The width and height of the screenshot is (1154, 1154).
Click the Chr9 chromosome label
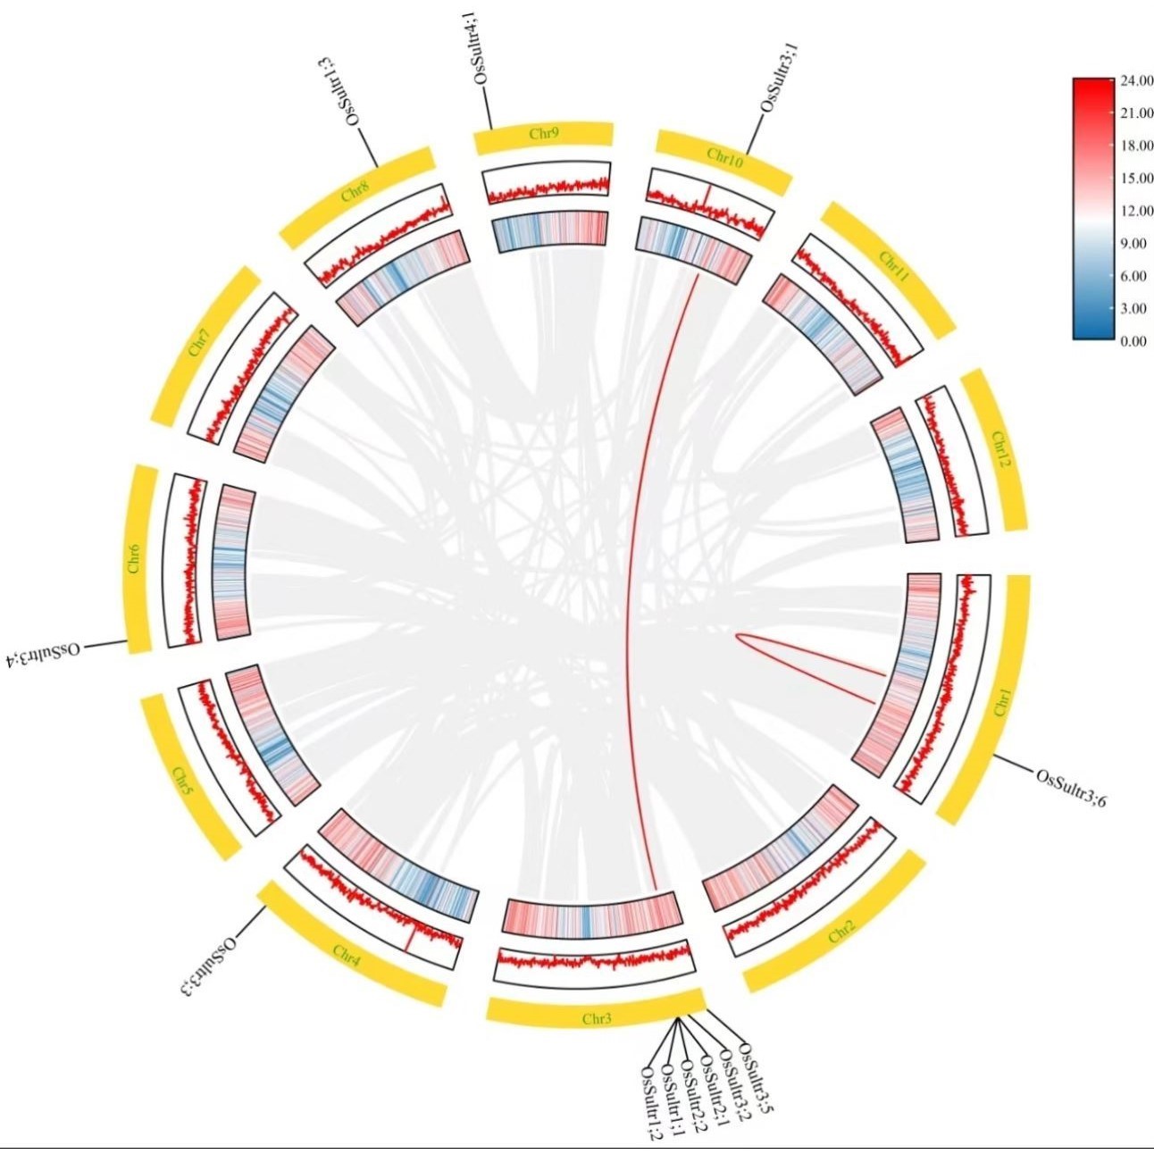(543, 134)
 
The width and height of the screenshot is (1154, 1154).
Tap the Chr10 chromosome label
(723, 155)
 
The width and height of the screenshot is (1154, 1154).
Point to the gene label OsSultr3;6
(1072, 787)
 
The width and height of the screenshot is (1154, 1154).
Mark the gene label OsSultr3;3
(212, 964)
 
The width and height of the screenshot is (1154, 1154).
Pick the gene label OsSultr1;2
(651, 1102)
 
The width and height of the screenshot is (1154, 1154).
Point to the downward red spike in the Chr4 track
(408, 939)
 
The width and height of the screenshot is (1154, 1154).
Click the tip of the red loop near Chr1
(738, 636)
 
